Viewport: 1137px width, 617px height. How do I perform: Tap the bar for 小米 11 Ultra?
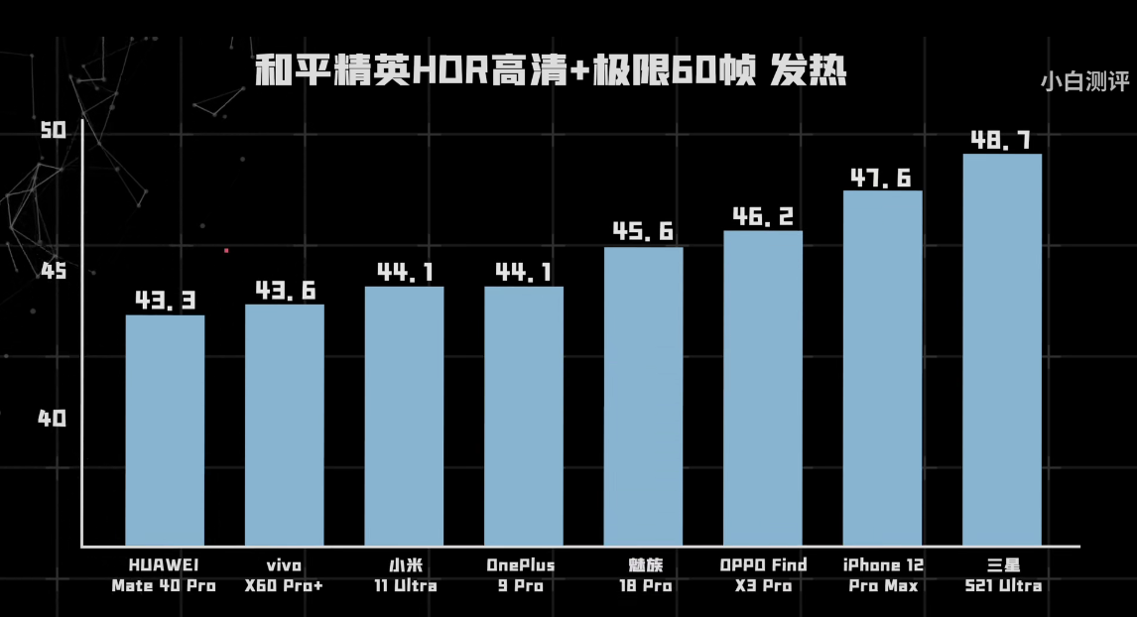click(404, 416)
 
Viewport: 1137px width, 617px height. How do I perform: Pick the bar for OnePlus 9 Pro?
click(524, 416)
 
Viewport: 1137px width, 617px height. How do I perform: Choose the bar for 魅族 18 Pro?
click(643, 396)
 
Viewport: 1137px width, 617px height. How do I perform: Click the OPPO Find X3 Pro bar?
click(763, 388)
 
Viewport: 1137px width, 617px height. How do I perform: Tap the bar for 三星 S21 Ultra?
click(1002, 349)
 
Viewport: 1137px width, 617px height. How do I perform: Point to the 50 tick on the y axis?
click(53, 130)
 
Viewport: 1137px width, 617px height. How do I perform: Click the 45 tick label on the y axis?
click(53, 270)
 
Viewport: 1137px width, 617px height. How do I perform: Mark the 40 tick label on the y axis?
click(53, 419)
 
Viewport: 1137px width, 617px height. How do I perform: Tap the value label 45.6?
click(643, 232)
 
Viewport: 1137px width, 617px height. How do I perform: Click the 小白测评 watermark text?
click(1084, 82)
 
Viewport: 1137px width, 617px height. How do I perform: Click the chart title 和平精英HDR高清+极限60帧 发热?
click(551, 71)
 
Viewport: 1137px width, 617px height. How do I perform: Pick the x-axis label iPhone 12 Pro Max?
click(882, 575)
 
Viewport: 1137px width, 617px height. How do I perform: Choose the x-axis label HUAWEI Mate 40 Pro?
click(164, 575)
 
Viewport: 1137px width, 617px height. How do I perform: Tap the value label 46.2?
click(763, 216)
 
